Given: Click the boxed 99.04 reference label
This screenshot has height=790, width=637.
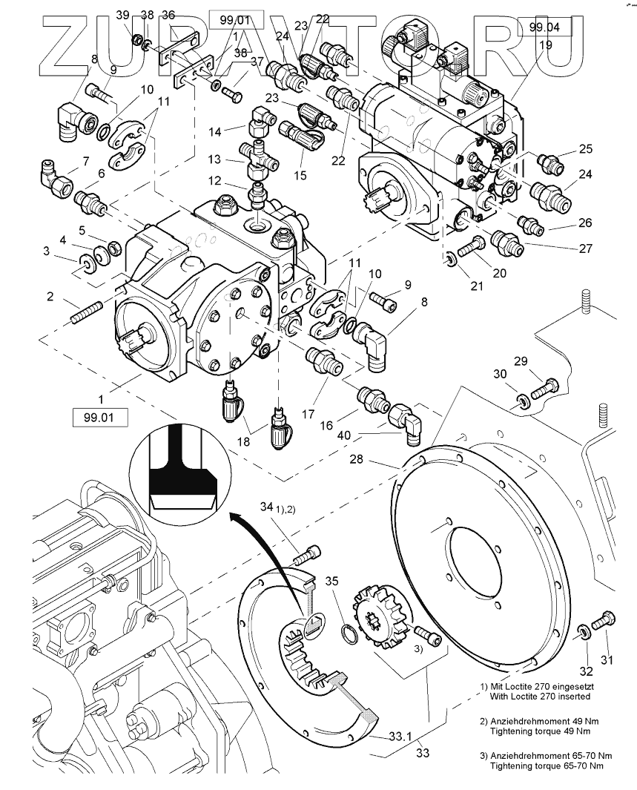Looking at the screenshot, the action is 544,27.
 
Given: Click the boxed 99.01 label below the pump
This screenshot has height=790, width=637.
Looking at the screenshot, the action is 99,418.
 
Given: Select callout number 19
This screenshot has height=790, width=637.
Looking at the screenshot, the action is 545,45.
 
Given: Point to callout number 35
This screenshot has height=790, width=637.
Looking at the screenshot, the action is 331,581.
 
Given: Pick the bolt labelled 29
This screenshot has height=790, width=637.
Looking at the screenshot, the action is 544,388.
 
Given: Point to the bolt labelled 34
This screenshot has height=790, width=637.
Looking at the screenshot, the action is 306,555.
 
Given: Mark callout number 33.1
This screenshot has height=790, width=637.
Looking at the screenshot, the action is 400,737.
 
